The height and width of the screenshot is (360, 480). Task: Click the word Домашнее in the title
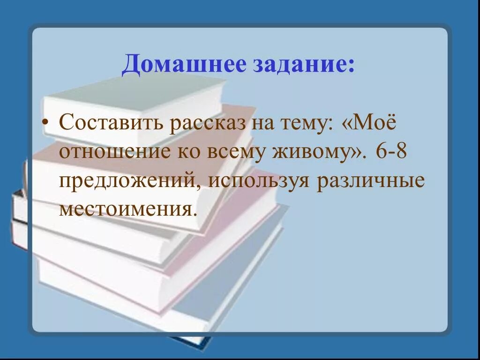pyautogui.click(x=183, y=64)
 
